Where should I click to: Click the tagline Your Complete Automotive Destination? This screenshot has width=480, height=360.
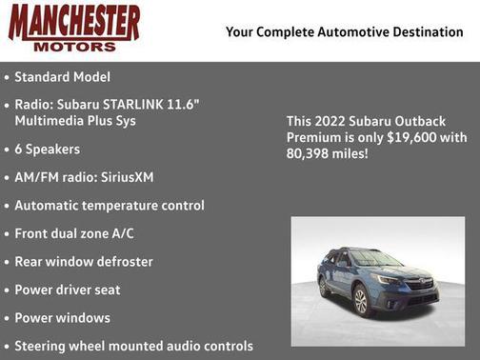tap(345, 32)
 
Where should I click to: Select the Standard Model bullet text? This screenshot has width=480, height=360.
tap(62, 76)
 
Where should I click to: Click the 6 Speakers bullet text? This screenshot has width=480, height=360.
tap(48, 150)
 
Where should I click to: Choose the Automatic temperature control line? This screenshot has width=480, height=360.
tap(110, 205)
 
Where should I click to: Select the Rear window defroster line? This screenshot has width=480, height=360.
tap(84, 261)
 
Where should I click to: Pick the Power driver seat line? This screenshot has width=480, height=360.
tap(68, 290)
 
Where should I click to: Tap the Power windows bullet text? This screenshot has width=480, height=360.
tap(63, 317)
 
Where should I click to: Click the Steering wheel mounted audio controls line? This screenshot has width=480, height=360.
tap(133, 346)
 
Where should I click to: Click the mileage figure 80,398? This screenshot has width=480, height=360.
tap(308, 152)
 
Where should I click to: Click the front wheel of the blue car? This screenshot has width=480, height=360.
tap(361, 301)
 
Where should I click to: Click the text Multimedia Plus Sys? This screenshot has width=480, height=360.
tap(75, 121)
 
